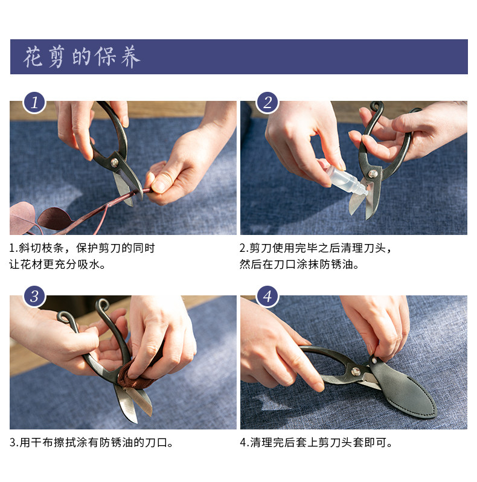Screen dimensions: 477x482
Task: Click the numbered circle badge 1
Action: pos(34,102)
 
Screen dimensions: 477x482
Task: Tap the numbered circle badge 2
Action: pos(267,102)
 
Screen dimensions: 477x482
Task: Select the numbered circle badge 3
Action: pos(34,297)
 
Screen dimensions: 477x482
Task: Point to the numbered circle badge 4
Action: pos(267,297)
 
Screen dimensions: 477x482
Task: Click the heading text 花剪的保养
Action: pos(82,57)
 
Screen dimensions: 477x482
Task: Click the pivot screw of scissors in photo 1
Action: pos(115,162)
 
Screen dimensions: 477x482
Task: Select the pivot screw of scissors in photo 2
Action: pos(373,174)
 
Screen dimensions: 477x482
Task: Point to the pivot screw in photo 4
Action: pos(356,371)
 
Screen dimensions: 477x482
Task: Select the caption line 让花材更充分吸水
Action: pos(57,264)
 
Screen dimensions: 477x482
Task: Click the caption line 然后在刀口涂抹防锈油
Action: pos(299,264)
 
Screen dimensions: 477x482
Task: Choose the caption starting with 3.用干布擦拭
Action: pos(91,443)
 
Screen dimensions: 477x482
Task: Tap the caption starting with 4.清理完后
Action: pos(316,443)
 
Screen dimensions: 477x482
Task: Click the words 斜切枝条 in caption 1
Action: pos(41,248)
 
